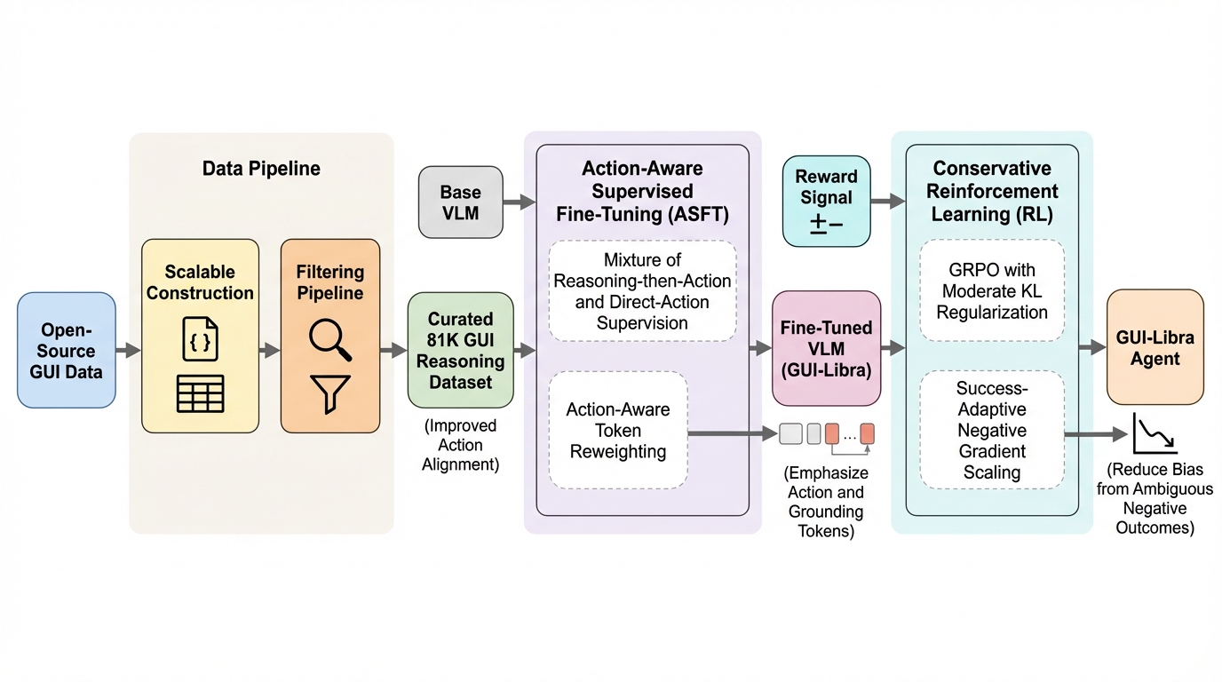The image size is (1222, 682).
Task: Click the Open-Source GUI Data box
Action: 67,350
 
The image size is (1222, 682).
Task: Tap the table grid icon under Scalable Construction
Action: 200,393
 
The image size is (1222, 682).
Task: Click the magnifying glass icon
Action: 329,340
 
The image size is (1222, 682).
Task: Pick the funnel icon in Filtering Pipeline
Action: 329,393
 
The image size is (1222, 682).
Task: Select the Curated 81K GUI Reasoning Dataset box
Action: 460,350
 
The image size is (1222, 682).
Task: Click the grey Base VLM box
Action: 460,202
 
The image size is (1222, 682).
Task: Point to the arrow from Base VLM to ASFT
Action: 520,202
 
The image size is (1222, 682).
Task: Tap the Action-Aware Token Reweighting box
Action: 618,431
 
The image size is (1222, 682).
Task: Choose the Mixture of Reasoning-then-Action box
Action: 642,291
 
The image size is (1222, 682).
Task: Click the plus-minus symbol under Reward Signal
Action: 826,225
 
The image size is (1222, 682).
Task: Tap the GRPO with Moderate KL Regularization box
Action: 991,290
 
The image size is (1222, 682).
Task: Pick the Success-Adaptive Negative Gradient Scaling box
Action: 991,430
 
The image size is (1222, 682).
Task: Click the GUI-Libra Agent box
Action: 1155,348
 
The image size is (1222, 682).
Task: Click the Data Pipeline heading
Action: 261,169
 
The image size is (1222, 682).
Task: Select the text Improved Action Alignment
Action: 460,445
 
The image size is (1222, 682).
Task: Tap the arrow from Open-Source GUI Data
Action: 128,351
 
